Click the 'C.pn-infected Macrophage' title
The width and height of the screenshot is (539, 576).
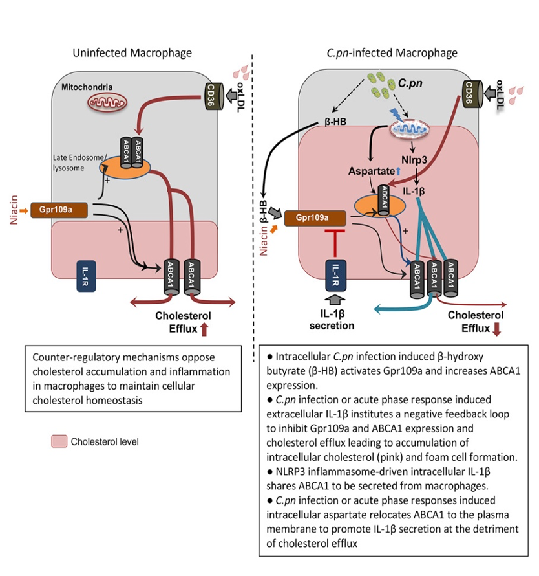click(x=392, y=52)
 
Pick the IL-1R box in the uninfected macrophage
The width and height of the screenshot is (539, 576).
click(x=86, y=276)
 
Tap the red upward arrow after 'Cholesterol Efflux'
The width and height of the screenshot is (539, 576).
click(x=205, y=329)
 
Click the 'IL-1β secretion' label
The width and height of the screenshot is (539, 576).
click(x=332, y=320)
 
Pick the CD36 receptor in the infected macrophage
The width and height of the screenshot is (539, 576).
click(x=470, y=95)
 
